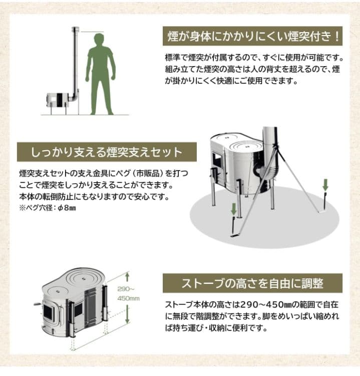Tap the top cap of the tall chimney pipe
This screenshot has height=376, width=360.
pos(76,30)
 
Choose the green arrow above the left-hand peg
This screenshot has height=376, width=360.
pos(233,209)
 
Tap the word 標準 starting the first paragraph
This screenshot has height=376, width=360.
pos(173,57)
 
